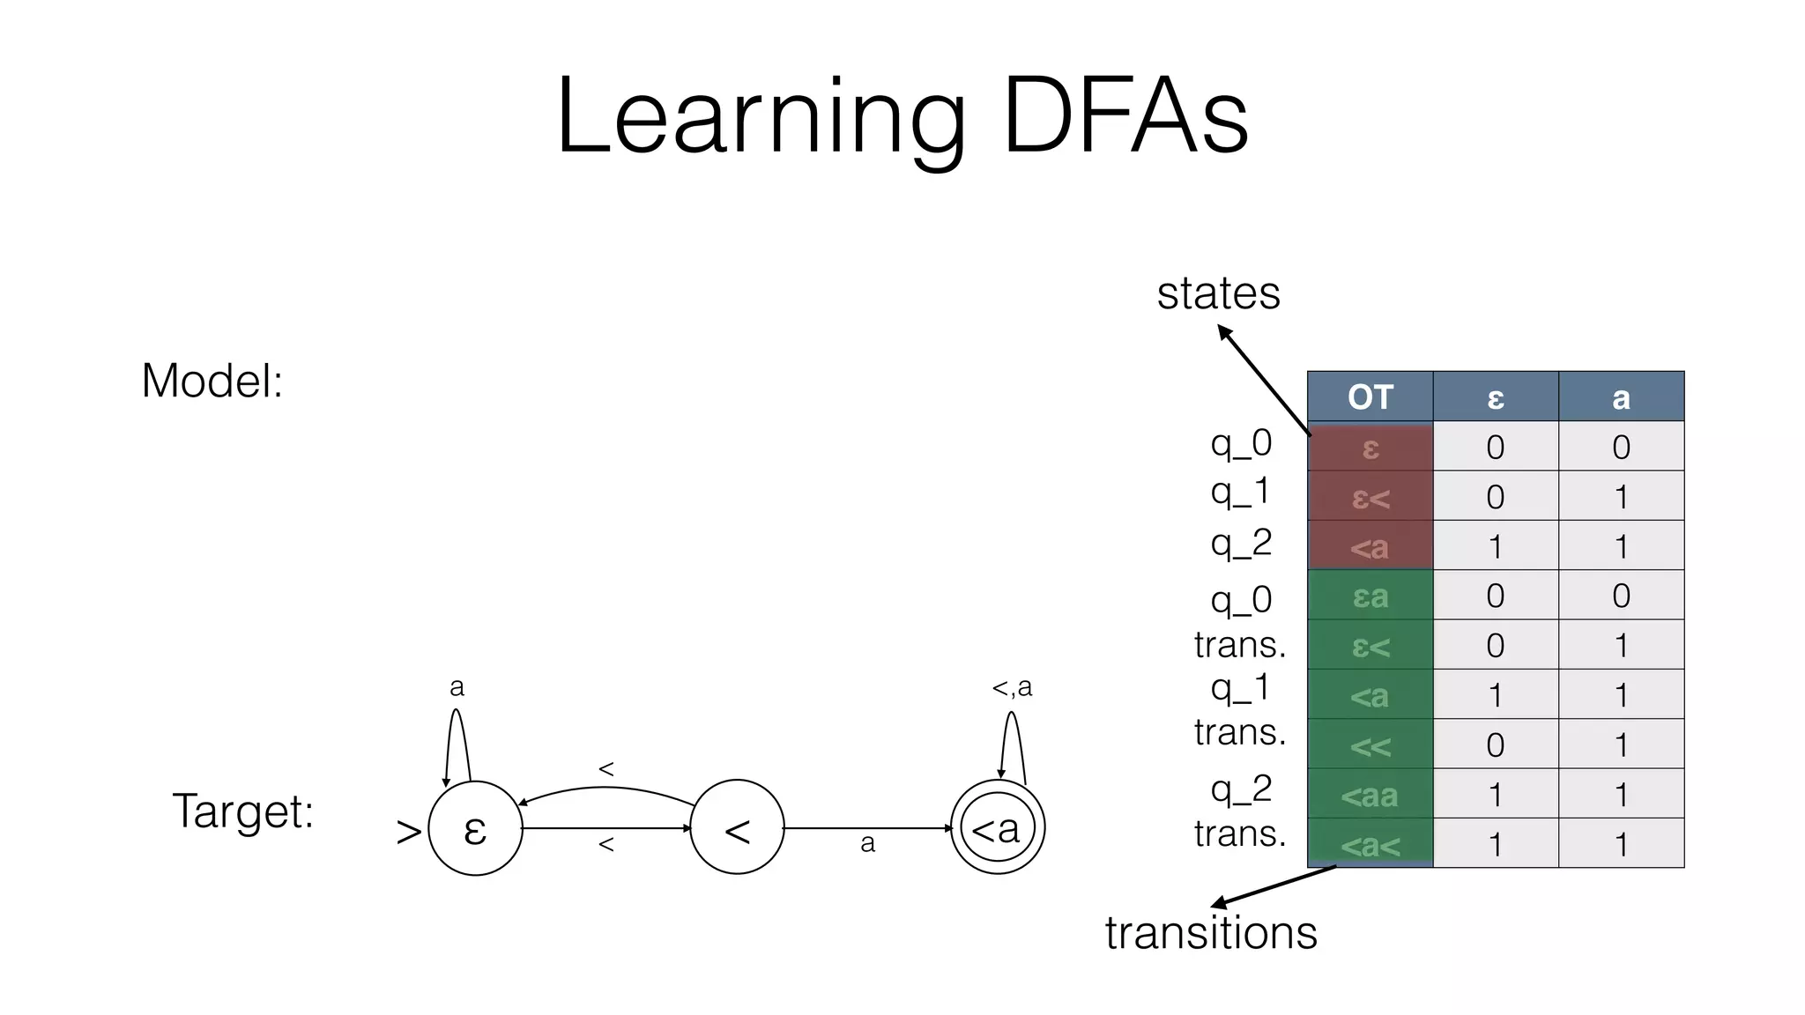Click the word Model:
[212, 382]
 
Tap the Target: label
[242, 811]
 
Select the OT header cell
[1370, 397]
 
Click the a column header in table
[1621, 397]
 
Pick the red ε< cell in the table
[1370, 497]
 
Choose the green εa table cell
[1370, 596]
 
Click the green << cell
[1370, 745]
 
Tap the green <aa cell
[1370, 795]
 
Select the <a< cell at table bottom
[1370, 845]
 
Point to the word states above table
[1218, 293]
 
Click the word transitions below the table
[1211, 932]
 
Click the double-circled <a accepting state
[997, 829]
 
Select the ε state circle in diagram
[475, 829]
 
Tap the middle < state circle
[737, 829]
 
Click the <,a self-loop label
[1012, 686]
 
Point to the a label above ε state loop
[457, 686]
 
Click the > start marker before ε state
[408, 831]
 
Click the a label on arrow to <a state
[867, 844]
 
